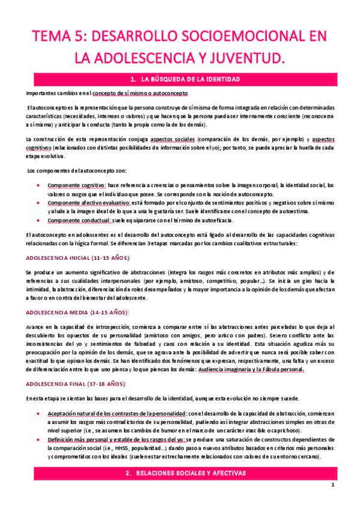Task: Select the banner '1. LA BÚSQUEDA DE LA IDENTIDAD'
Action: coord(180,79)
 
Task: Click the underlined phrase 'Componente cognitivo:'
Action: coord(76,185)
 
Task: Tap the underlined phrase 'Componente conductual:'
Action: coord(78,221)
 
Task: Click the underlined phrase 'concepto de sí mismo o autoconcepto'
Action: coord(139,94)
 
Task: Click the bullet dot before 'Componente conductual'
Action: coord(39,221)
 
